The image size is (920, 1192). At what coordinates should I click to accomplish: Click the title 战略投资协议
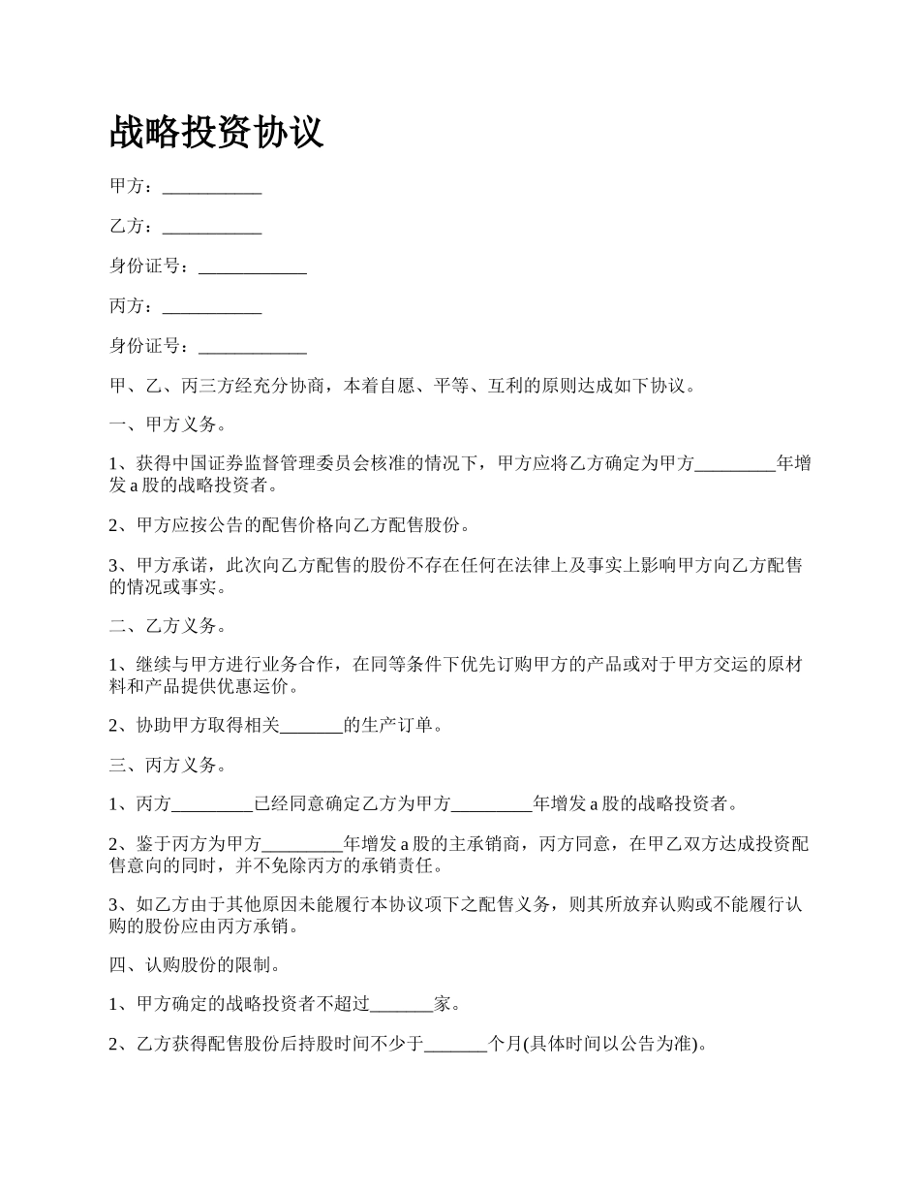point(216,133)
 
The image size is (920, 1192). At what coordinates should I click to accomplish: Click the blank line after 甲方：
point(212,187)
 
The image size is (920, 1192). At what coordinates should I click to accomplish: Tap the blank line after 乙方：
point(212,227)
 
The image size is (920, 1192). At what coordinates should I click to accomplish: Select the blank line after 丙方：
point(212,306)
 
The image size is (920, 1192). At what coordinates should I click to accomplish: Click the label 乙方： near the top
point(132,227)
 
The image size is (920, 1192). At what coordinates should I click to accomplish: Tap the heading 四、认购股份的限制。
point(196,964)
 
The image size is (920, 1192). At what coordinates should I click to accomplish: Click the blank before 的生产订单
point(311,725)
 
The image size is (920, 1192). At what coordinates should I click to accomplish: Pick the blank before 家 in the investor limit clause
point(402,1005)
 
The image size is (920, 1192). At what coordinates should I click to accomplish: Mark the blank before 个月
point(456,1045)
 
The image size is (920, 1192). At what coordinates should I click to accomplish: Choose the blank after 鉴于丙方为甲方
point(303,844)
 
